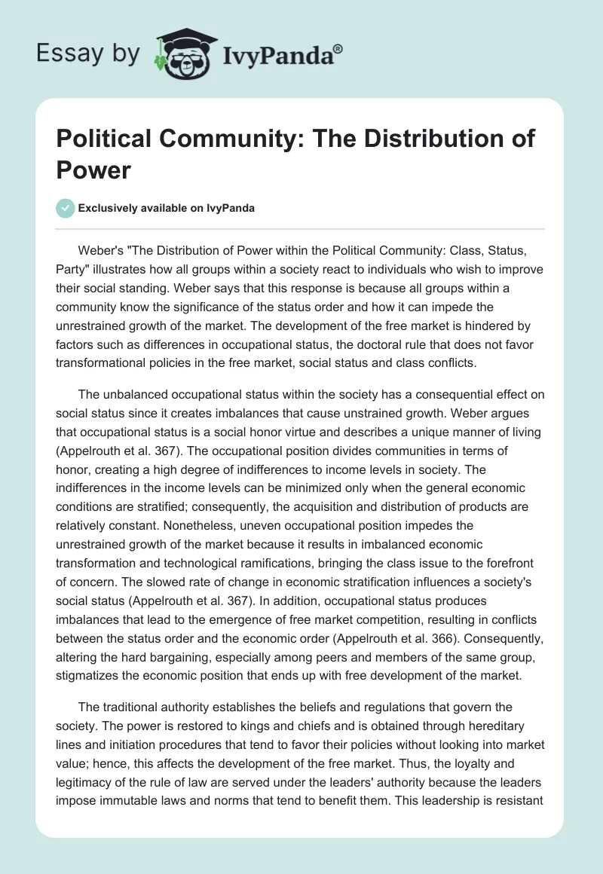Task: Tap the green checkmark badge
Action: tap(66, 208)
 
